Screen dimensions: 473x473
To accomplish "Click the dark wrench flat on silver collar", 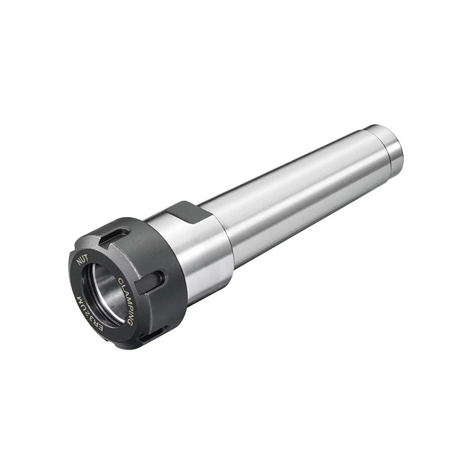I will click(x=188, y=212).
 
